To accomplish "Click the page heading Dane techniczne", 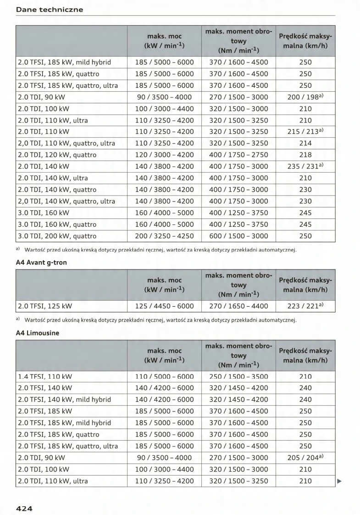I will point(50,10).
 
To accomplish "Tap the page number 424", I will point(24,508).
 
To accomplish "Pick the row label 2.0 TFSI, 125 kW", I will point(45,306).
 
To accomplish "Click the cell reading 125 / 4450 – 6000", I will point(165,306).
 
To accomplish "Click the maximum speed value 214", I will point(305,143).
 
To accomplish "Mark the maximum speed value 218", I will point(305,155).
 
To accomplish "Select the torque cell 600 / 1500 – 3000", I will point(238,236).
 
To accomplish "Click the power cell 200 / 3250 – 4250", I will point(165,236).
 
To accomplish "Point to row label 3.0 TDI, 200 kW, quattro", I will point(57,236).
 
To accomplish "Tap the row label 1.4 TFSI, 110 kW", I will point(45,376).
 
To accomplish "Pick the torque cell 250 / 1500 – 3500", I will point(238,376).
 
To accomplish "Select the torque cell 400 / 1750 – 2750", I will point(238,155).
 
